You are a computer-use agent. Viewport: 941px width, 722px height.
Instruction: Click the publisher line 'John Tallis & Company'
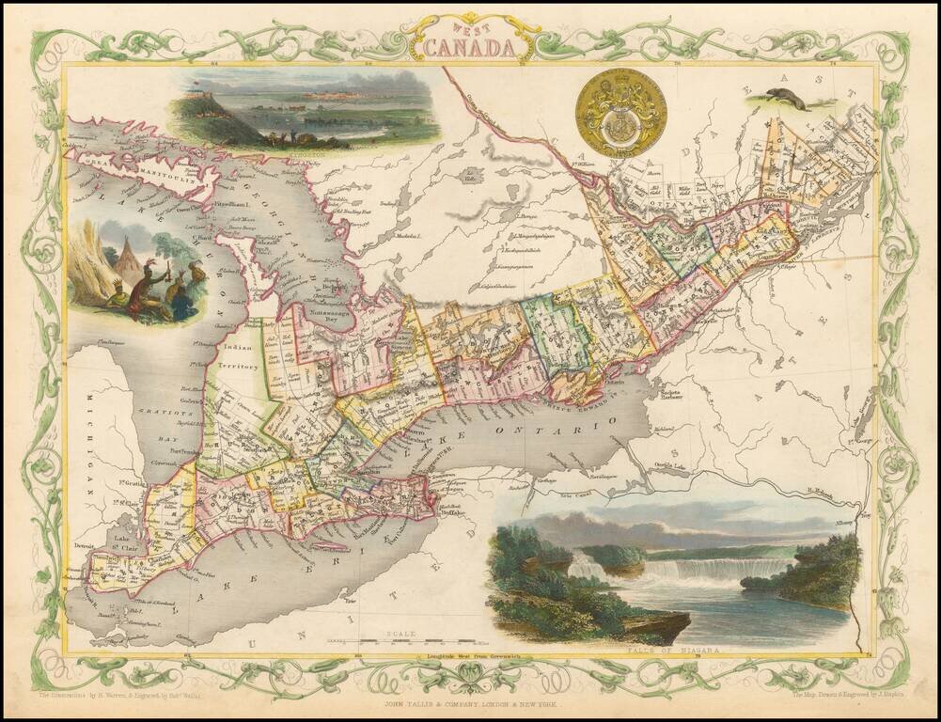click(x=470, y=703)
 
